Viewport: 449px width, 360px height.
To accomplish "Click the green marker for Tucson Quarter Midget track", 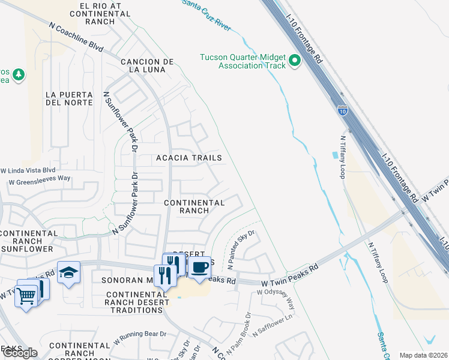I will (295, 61).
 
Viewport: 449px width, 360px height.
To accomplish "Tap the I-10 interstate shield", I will (342, 111).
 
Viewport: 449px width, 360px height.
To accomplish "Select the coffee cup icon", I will (200, 266).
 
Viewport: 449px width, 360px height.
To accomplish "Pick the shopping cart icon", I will (26, 295).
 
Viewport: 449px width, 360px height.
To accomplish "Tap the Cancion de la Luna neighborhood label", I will (147, 65).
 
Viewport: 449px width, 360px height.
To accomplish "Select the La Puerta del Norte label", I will (69, 98).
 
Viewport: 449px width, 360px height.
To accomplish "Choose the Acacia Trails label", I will (189, 158).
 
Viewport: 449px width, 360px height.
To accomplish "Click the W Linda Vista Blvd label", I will (32, 170).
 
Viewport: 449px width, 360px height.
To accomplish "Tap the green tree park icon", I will (19, 74).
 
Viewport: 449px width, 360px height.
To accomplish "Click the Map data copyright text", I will (423, 355).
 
